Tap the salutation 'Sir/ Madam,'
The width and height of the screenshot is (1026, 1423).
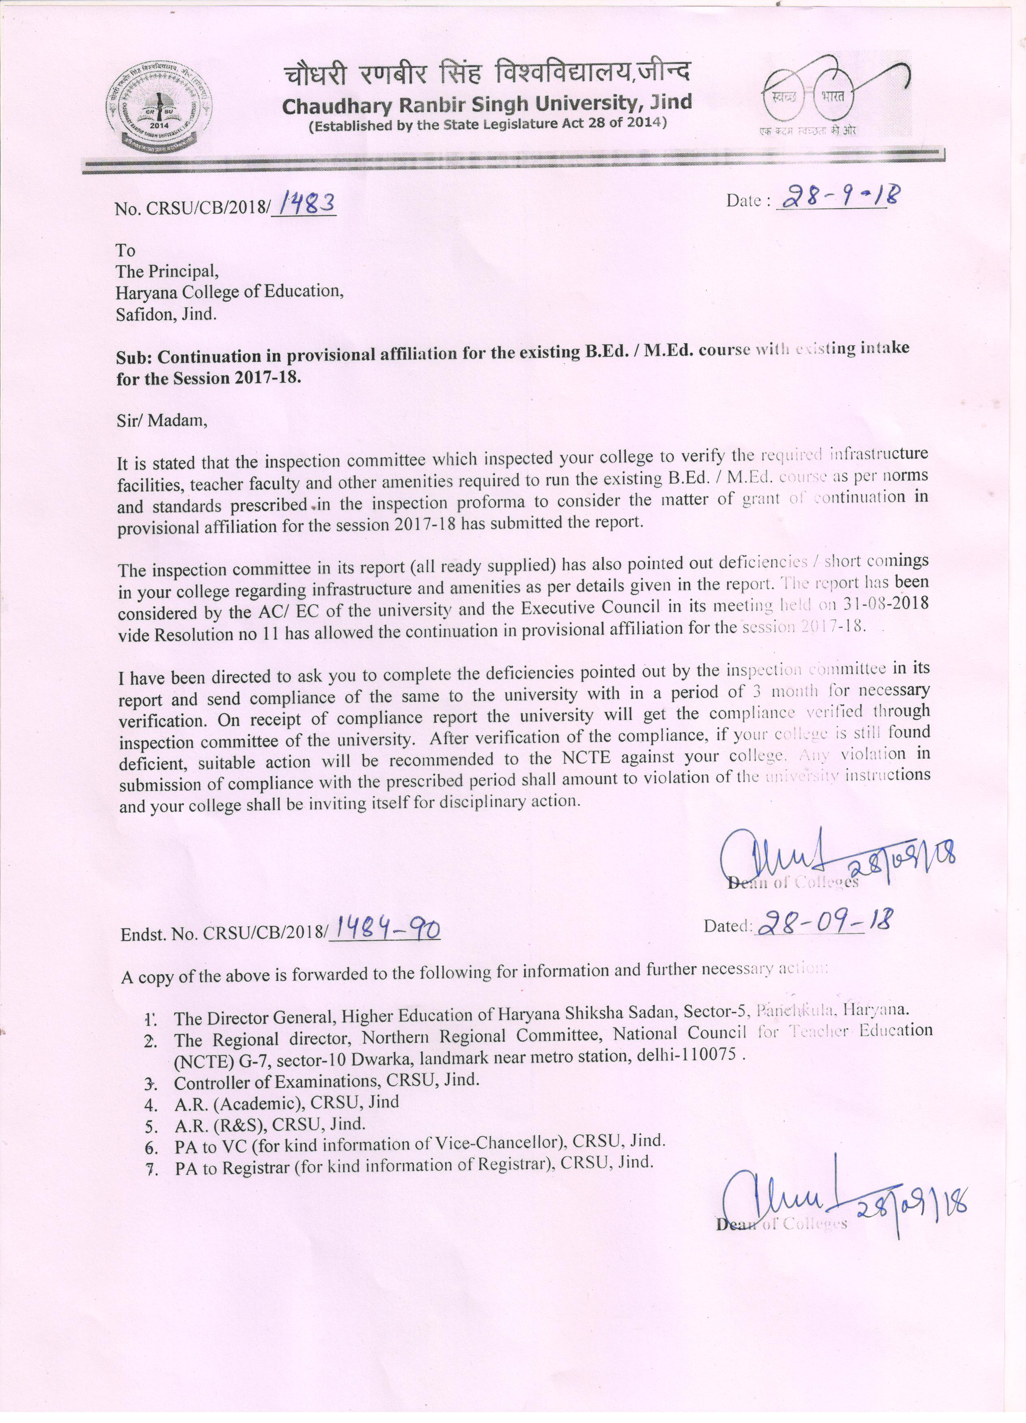point(161,420)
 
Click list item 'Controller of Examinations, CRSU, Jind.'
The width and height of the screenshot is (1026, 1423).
point(326,1081)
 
